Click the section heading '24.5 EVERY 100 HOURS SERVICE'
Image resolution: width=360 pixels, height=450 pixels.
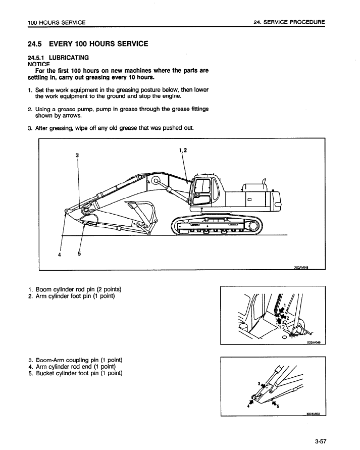[87, 44]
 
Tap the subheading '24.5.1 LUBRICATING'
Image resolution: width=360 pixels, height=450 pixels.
[58, 58]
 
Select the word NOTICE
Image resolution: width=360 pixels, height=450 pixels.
[38, 64]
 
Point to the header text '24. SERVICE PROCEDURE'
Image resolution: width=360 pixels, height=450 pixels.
[289, 22]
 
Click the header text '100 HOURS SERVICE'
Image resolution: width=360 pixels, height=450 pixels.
[57, 22]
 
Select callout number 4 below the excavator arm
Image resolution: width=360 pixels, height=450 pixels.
[60, 255]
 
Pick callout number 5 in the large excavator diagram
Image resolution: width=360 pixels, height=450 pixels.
[79, 254]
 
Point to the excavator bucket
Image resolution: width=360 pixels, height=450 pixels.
[144, 217]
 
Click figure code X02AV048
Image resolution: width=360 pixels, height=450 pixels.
[302, 269]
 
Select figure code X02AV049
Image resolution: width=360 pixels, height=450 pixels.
[314, 342]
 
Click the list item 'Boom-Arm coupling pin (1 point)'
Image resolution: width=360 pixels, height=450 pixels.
[76, 360]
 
